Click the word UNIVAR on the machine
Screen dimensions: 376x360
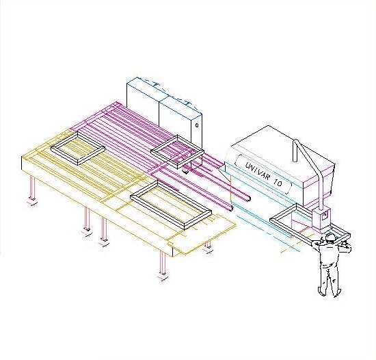[257, 170]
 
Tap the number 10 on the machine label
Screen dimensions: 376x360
[278, 183]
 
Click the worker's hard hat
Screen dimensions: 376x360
[330, 236]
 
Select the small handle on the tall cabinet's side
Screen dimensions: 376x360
[197, 125]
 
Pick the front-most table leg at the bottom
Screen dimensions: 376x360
[163, 262]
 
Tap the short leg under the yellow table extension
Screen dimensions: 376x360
[209, 244]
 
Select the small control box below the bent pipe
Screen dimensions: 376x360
[321, 219]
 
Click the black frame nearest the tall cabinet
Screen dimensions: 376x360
[178, 152]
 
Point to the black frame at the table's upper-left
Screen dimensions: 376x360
[78, 148]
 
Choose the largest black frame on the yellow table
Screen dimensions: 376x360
[171, 205]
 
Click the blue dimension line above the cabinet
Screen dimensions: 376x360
[168, 94]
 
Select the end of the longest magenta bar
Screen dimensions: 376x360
[248, 198]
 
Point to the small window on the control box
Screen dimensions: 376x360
[325, 214]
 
